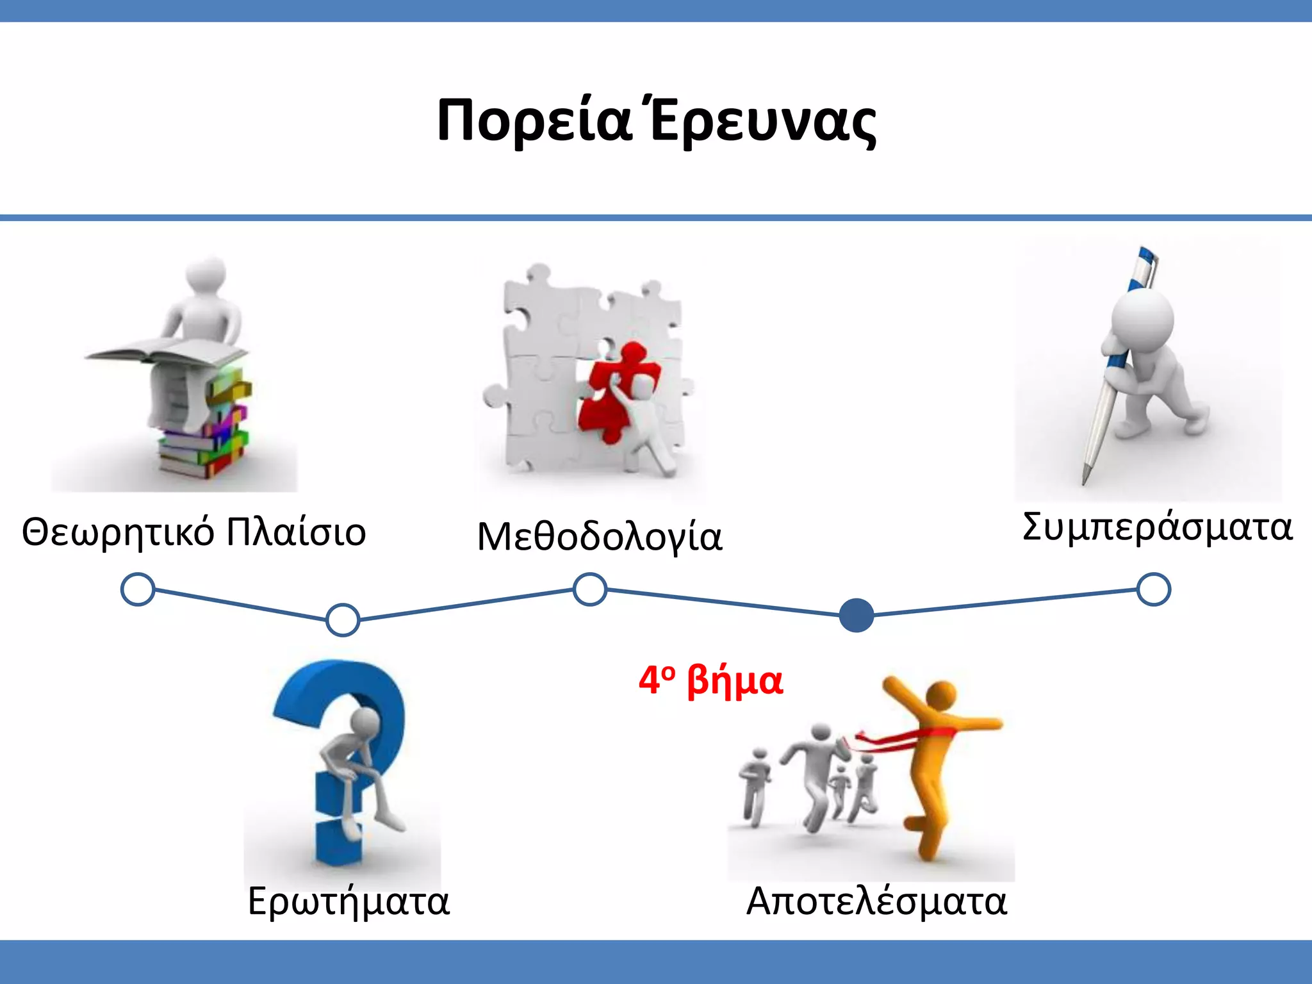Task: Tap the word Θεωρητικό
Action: point(117,532)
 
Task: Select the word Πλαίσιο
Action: point(296,532)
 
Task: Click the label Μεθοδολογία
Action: point(600,537)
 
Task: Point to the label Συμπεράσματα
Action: point(1157,527)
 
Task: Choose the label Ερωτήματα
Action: point(348,902)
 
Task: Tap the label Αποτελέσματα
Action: point(876,902)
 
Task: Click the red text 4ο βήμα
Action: point(710,680)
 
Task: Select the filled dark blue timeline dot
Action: point(856,615)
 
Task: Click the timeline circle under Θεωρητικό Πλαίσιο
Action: point(138,589)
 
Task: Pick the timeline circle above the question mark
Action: point(343,619)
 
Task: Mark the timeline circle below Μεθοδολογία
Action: point(589,589)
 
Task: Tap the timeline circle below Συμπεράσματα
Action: point(1154,589)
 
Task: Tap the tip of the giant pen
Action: point(1085,480)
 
